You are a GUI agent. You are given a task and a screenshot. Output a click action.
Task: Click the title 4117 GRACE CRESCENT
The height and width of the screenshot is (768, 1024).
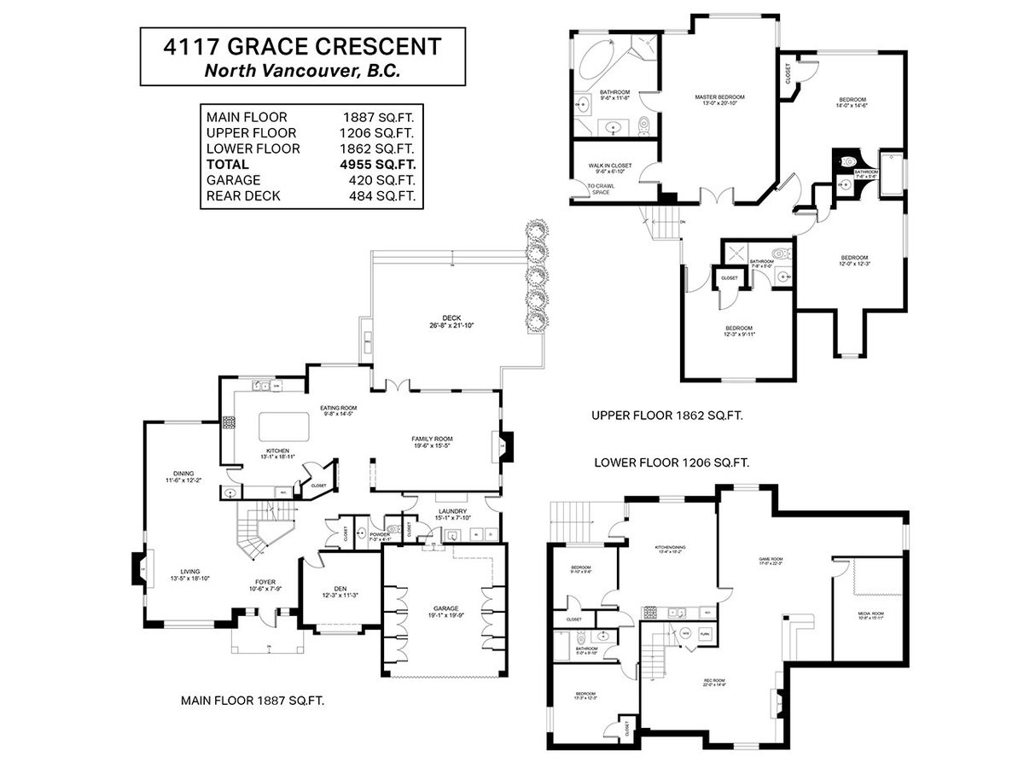click(303, 47)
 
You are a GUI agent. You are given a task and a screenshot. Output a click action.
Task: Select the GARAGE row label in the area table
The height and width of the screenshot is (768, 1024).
click(228, 181)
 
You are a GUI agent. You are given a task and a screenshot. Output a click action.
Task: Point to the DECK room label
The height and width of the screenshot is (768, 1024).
click(451, 321)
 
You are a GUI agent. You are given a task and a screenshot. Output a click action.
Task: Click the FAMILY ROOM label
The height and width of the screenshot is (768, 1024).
click(432, 439)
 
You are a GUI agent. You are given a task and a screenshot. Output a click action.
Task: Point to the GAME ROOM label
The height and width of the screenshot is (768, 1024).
click(771, 561)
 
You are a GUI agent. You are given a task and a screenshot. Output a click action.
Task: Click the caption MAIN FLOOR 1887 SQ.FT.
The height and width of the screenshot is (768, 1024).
click(253, 700)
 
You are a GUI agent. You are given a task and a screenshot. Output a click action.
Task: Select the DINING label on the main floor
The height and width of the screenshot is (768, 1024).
click(183, 474)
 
